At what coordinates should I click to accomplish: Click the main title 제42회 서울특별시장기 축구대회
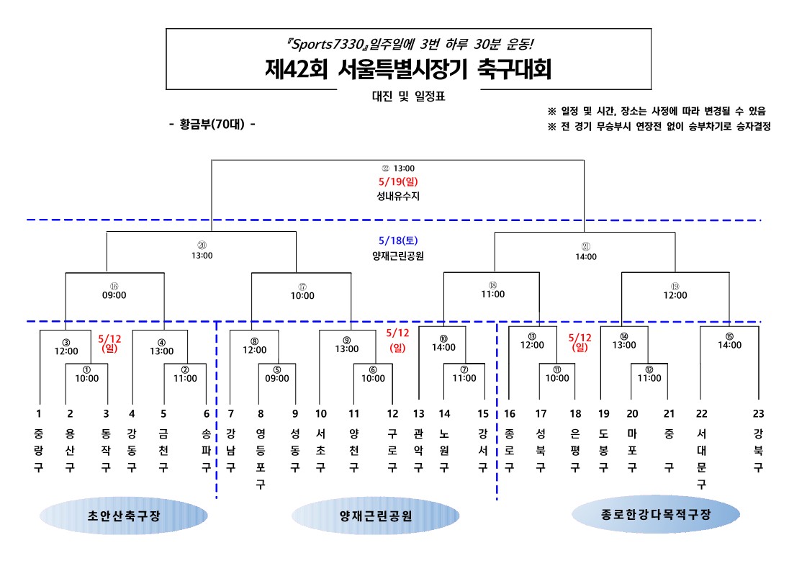click(407, 70)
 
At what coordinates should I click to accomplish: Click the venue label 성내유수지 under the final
click(398, 194)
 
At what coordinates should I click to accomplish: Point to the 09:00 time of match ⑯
click(114, 295)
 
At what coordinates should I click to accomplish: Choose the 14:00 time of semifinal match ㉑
click(585, 256)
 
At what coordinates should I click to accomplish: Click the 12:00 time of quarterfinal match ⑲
click(675, 295)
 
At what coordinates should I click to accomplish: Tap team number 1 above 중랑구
click(39, 413)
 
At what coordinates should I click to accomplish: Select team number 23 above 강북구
click(757, 413)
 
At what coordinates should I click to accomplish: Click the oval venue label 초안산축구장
click(123, 516)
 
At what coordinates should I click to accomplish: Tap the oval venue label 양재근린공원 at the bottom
click(375, 516)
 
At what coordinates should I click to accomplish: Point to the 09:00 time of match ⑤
click(276, 378)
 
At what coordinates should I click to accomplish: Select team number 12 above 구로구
click(392, 413)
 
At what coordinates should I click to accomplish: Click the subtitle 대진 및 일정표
click(408, 96)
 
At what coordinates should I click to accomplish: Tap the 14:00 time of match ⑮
click(729, 345)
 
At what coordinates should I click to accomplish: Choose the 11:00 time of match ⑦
click(464, 378)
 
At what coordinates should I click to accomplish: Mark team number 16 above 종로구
click(509, 413)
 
